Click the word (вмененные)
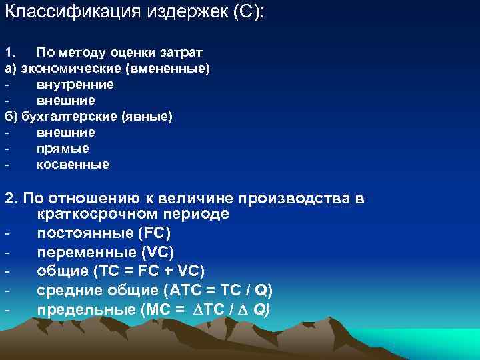point(170,69)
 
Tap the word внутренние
point(75,85)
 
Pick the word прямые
point(63,149)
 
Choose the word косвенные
point(73,165)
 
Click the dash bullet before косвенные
point(7,165)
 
